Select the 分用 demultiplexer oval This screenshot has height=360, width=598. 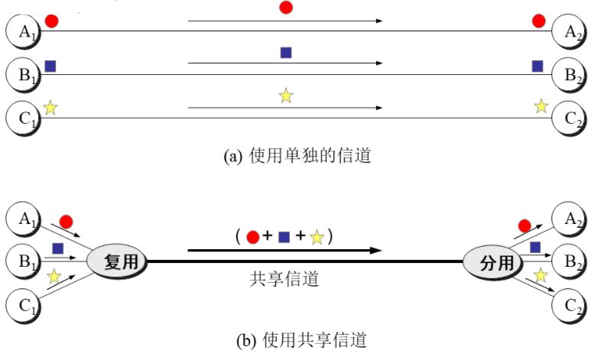[x=489, y=262]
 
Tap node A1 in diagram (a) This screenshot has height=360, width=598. [x=23, y=31]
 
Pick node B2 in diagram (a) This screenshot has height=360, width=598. [x=571, y=74]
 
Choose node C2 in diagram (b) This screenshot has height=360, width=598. [x=571, y=308]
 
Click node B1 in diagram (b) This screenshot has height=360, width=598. [x=23, y=262]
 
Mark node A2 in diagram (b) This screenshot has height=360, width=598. [x=571, y=219]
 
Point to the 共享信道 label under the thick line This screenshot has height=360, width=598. [x=284, y=280]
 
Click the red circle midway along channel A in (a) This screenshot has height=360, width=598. [x=286, y=8]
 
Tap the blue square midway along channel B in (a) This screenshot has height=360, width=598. [x=286, y=53]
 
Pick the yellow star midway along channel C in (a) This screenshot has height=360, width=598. [x=286, y=96]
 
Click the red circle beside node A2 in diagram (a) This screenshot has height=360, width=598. [x=539, y=21]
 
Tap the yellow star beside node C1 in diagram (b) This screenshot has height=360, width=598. [x=54, y=277]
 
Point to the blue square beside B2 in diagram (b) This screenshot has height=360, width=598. [x=535, y=247]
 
